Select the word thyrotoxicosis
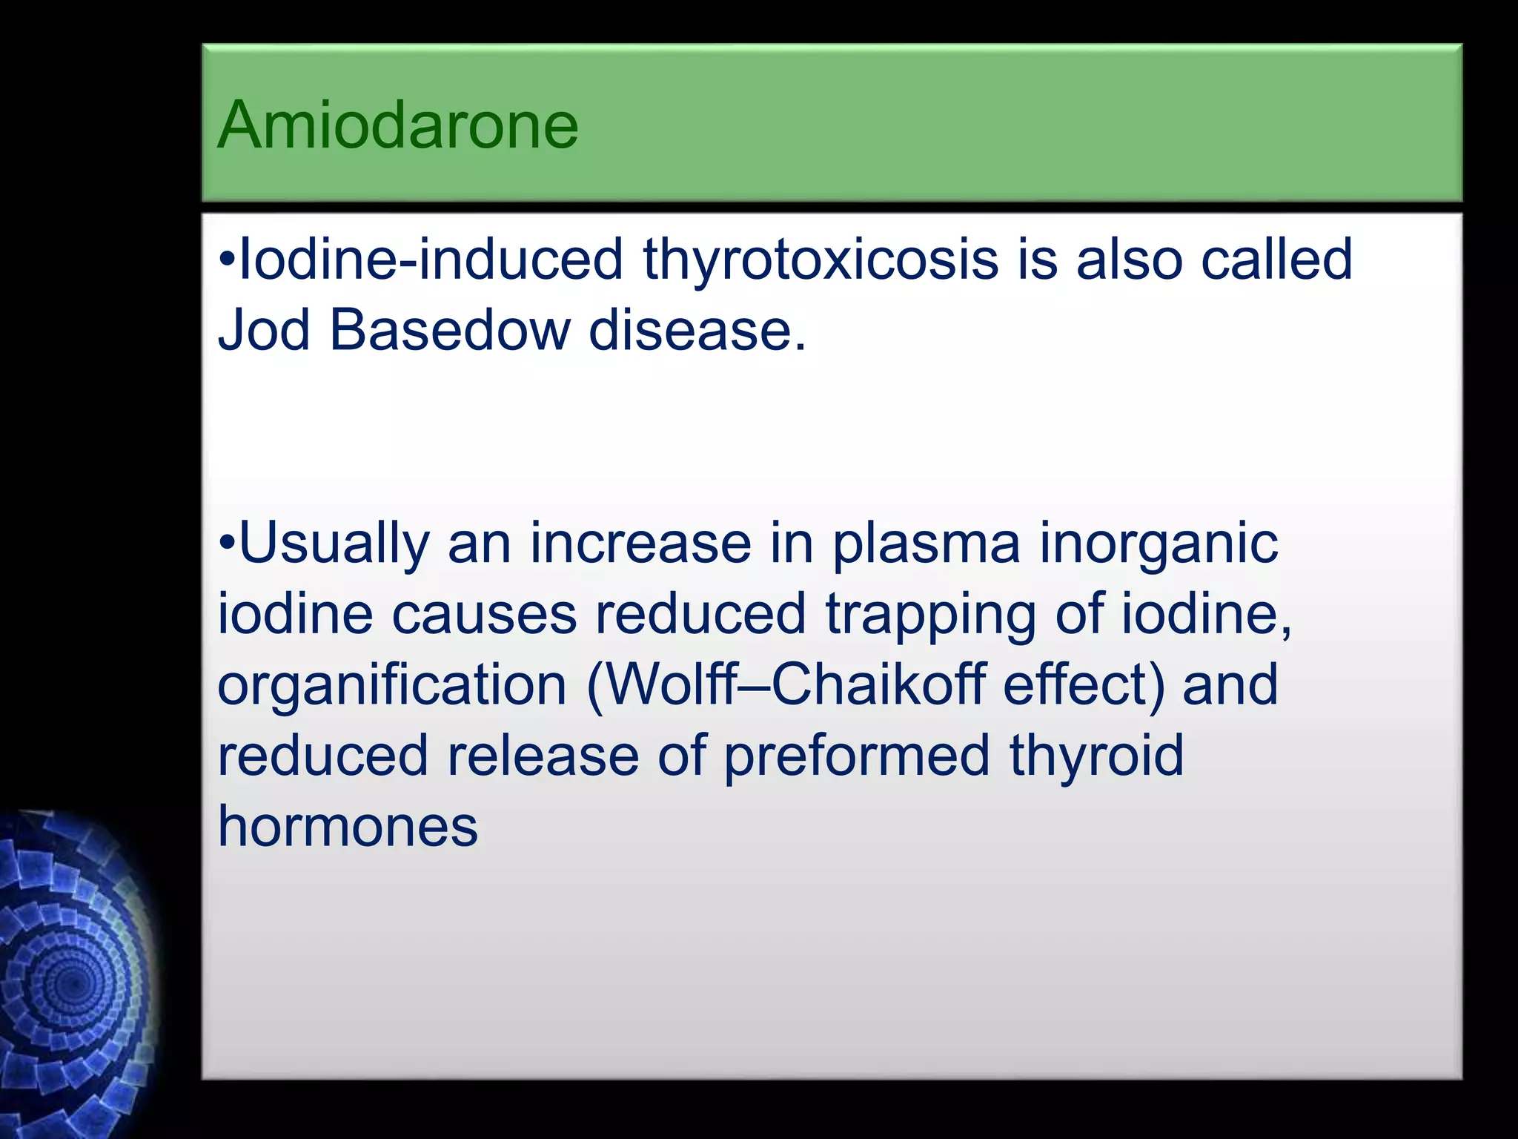pyautogui.click(x=821, y=261)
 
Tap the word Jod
pyautogui.click(x=262, y=330)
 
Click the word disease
pyautogui.click(x=696, y=330)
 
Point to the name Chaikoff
pyautogui.click(x=878, y=685)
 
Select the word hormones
pyautogui.click(x=348, y=827)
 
